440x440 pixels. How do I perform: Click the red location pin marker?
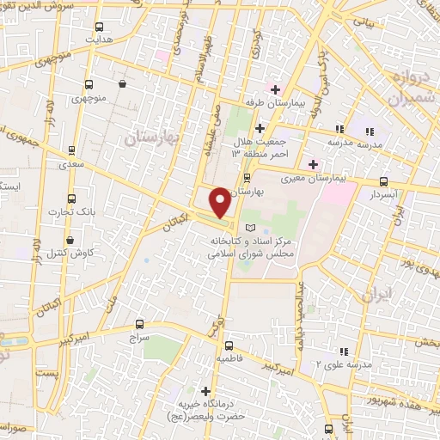coord(220,201)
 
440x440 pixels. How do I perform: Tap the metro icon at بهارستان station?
coord(247,178)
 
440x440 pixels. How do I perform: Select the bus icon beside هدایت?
coord(101,27)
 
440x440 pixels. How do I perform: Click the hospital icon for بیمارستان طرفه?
coord(276,89)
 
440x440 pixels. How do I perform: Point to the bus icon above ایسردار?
coord(383,181)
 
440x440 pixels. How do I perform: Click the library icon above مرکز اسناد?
coord(250,226)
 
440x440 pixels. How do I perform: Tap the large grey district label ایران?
coord(379,295)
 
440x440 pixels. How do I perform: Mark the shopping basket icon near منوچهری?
coord(124,84)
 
